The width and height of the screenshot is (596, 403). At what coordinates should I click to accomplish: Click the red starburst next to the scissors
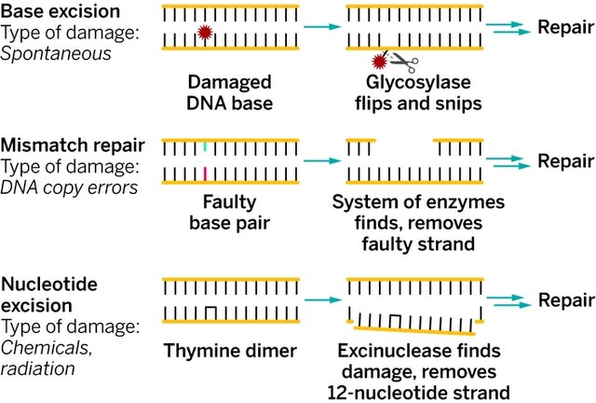[x=378, y=63]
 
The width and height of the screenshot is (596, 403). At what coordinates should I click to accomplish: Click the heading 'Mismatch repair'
[x=73, y=146]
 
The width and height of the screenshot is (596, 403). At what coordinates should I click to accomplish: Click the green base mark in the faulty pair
[x=205, y=146]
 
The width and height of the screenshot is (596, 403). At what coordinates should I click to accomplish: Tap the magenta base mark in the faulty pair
[x=205, y=174]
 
